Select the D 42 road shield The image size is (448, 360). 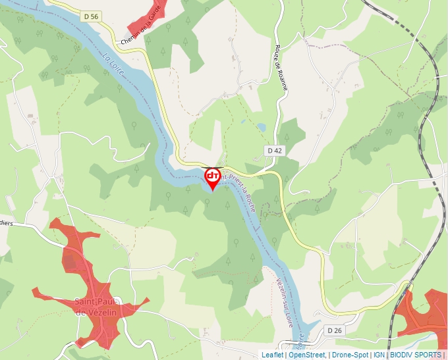tap(275, 151)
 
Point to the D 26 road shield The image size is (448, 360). tap(334, 330)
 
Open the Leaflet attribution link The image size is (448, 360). tap(272, 355)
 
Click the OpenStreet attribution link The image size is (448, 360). tap(306, 355)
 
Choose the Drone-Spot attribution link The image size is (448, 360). tap(350, 355)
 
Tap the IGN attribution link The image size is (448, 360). tap(379, 355)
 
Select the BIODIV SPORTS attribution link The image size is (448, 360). tap(416, 355)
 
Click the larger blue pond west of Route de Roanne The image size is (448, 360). tap(261, 126)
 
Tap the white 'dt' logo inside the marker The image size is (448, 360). tap(213, 176)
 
